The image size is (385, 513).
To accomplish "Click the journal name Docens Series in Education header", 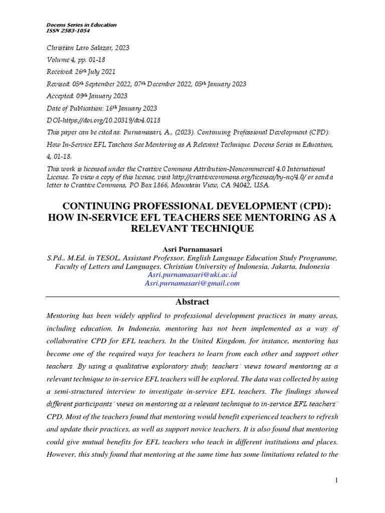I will coord(81,25).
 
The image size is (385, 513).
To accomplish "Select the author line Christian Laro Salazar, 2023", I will coord(88,48).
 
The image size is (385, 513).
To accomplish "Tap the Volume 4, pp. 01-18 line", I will coord(74,60).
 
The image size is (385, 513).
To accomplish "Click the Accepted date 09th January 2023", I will coord(86,96).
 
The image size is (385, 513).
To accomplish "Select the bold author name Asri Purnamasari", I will coord(192,249).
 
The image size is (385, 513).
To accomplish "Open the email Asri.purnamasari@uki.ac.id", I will coord(192,275).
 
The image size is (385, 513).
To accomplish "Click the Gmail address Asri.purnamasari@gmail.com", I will coord(192,283).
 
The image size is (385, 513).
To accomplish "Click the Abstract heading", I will coord(192,302).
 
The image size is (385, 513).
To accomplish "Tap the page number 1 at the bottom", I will coord(337,481).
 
